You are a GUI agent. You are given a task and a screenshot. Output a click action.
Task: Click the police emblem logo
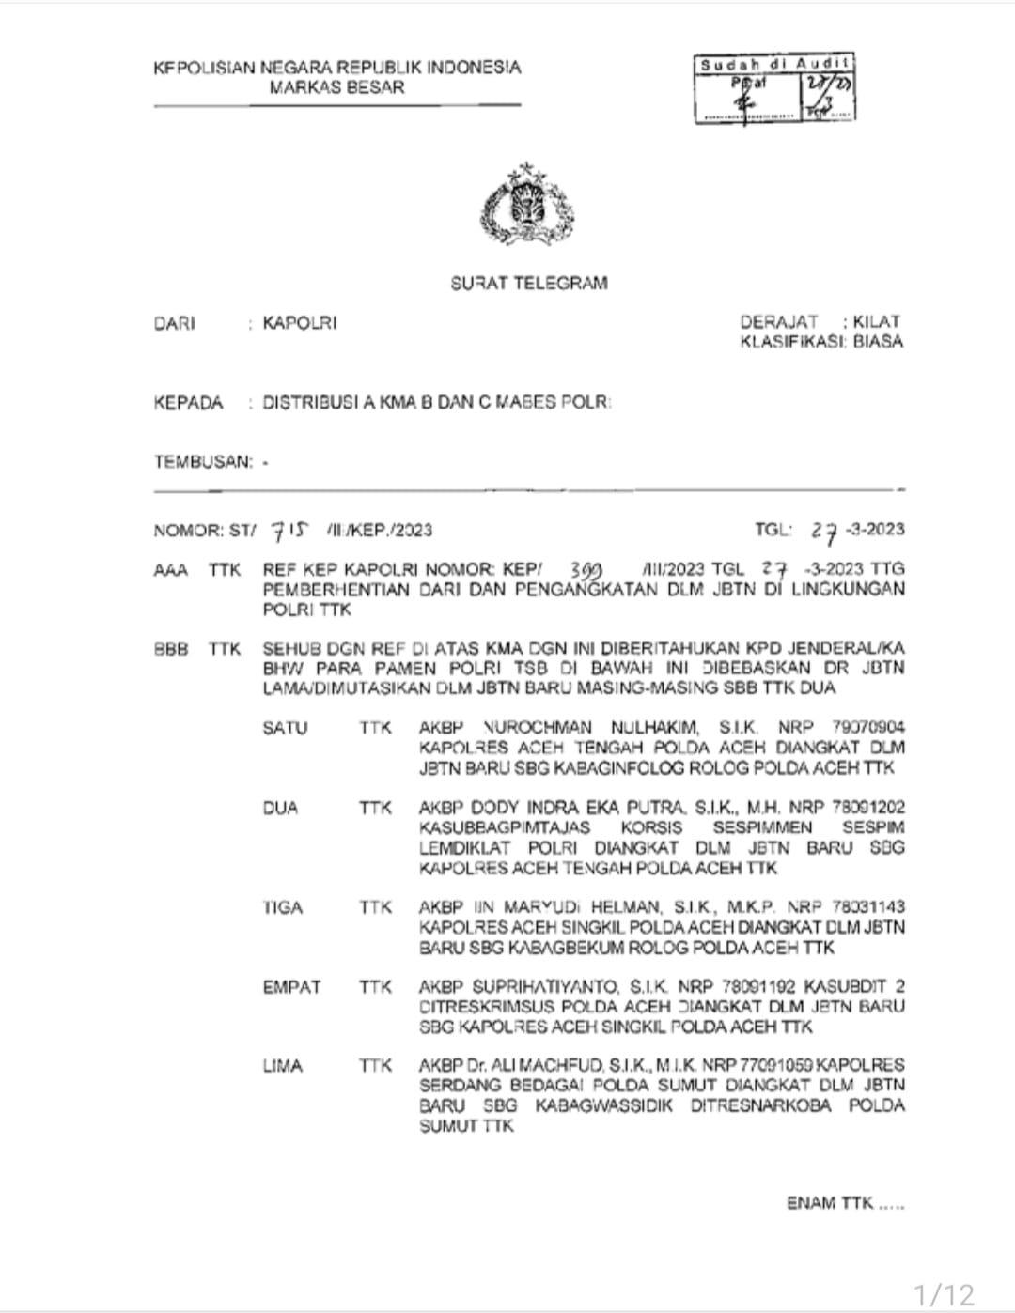coord(527,206)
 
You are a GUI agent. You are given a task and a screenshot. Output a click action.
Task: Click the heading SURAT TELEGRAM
coord(528,283)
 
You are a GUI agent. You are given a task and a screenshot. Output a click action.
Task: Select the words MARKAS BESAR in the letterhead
coord(336,87)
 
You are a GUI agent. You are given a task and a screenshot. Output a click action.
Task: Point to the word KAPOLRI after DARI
coord(299,323)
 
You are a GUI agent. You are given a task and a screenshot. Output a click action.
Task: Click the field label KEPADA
coord(188,403)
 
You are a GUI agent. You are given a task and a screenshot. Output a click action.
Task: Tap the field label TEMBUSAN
coord(203,462)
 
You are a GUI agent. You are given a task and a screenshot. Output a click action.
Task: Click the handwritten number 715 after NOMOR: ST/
coord(289,531)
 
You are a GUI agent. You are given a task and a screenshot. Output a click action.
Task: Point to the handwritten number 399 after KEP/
coord(586,570)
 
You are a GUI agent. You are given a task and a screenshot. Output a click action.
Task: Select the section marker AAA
coord(170,570)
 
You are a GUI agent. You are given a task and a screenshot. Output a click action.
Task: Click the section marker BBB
coord(170,649)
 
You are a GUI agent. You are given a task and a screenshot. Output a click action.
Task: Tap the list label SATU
coord(285,728)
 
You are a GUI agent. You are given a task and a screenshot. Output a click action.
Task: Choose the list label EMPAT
coord(291,987)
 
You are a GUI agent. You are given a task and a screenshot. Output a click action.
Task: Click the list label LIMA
coord(282,1066)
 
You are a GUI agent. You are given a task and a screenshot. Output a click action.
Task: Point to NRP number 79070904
coord(867,728)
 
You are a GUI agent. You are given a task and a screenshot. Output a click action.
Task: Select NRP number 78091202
coord(867,808)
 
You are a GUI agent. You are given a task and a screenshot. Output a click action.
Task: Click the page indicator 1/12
coord(945,1294)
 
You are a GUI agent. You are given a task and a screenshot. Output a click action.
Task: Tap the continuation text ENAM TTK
coord(831,1203)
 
